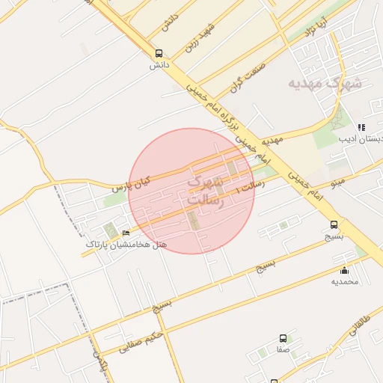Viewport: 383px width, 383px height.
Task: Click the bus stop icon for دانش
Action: point(158,54)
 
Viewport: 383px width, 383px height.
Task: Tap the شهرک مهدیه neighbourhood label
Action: point(325,83)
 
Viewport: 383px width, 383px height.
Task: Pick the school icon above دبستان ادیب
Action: point(361,128)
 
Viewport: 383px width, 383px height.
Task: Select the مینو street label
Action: point(337,182)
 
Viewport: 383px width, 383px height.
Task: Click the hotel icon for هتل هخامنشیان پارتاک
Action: point(125,233)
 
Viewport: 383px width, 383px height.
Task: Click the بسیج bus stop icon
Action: point(334,224)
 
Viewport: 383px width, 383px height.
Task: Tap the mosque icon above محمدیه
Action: point(345,270)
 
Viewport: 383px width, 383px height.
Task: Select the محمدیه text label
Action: point(345,281)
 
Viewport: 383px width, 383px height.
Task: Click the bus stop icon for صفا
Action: point(283,339)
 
